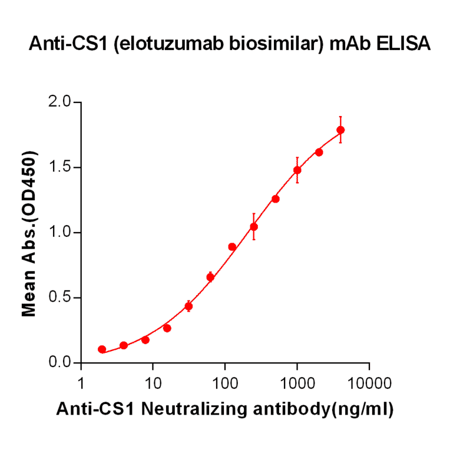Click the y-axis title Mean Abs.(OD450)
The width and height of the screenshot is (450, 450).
point(29,233)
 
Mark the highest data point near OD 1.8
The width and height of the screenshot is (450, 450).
point(340,130)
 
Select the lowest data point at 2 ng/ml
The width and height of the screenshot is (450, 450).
point(102,349)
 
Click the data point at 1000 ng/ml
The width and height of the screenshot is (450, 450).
point(297,170)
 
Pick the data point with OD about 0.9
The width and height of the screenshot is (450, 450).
point(232,247)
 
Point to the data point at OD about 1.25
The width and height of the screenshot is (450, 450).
point(276,198)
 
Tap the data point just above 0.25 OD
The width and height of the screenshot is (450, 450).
point(167,328)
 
